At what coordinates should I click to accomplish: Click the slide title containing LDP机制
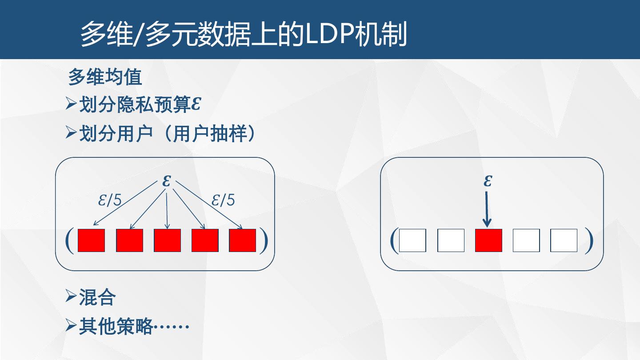(244, 35)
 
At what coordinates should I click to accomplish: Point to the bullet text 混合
(97, 297)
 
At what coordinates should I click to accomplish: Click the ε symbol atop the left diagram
(167, 181)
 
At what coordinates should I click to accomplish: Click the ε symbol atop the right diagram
(488, 181)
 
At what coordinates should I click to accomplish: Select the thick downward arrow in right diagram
(487, 209)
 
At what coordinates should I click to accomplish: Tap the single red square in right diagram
(488, 240)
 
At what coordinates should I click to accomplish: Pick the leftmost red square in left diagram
(91, 240)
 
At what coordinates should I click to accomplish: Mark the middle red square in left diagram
(167, 240)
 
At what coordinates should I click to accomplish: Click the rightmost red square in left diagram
(243, 240)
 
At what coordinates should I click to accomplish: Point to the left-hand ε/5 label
(110, 200)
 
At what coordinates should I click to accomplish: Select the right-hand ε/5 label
(223, 200)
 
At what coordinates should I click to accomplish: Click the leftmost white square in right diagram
(412, 240)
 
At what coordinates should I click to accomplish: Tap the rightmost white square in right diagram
(564, 240)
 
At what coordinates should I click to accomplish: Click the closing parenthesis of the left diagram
(264, 241)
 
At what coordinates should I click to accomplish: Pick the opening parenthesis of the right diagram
(393, 241)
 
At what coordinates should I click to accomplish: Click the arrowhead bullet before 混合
(71, 296)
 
